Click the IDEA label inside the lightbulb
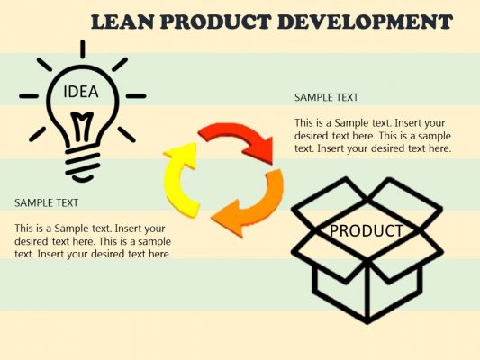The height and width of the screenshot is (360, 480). click(81, 92)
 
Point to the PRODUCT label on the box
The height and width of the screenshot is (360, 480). click(366, 230)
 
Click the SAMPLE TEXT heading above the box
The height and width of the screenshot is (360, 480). click(326, 97)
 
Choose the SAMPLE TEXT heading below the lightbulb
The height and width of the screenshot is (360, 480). click(46, 202)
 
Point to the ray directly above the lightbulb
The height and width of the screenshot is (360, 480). click(82, 50)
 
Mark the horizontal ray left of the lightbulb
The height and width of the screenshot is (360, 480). click(29, 95)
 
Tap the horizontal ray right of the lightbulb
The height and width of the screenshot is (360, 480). click(135, 95)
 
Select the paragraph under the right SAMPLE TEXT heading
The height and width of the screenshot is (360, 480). click(372, 135)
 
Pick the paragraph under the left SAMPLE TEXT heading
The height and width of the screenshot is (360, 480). click(93, 241)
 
